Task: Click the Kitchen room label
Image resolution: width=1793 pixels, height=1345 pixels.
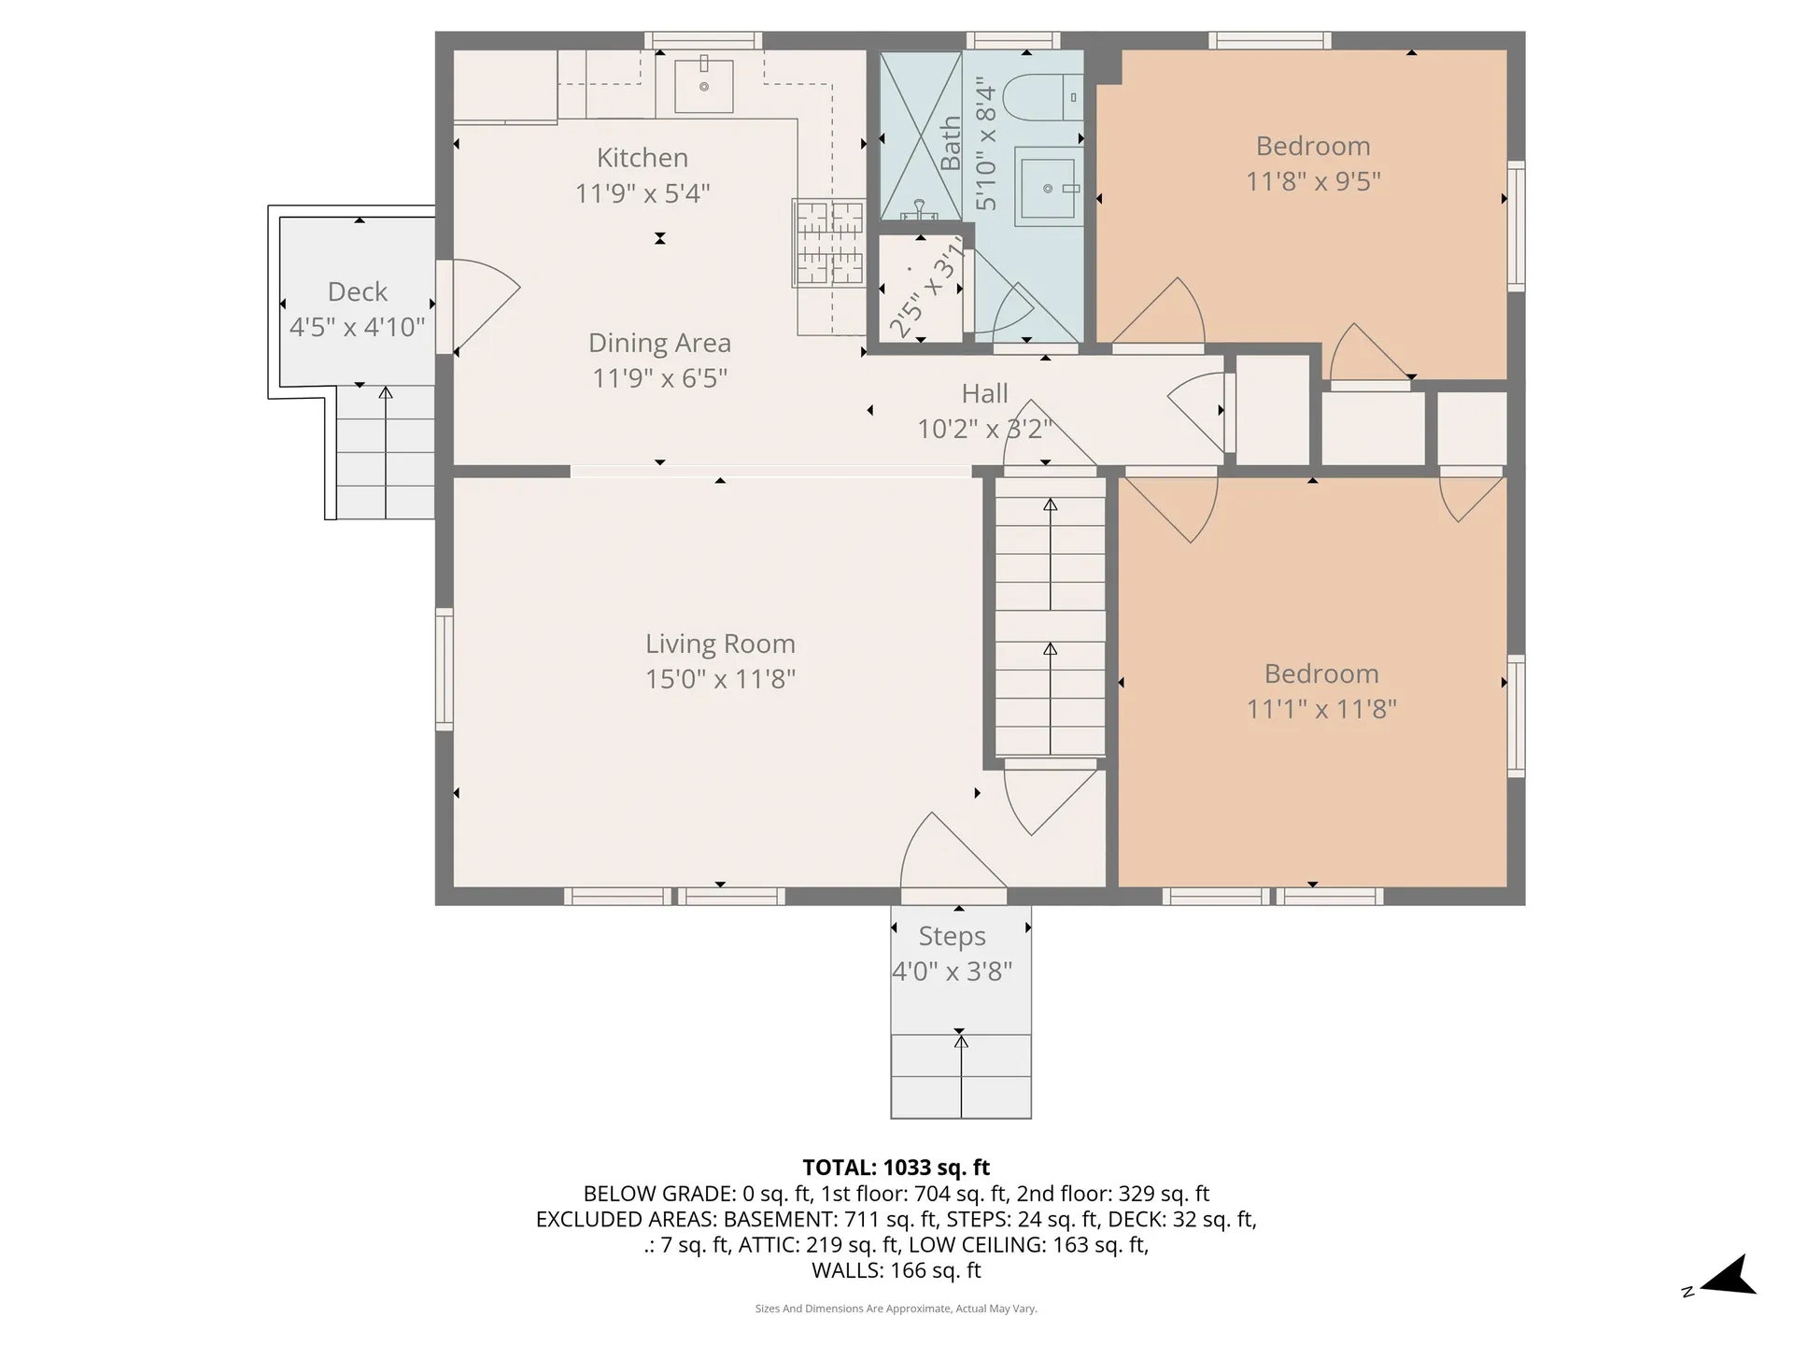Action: pos(642,158)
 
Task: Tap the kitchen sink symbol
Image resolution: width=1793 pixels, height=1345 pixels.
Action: pos(704,86)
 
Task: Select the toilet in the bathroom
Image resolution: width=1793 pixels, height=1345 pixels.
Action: pos(1046,97)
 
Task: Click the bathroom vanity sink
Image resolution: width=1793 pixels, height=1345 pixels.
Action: pos(1047,188)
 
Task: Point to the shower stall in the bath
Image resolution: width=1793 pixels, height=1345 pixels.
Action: pos(921,136)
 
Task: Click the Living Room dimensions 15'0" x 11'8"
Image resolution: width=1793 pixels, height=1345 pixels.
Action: pos(720,679)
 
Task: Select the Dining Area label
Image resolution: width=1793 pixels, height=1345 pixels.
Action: pos(659,344)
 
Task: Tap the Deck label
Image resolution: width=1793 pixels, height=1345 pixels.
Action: pos(357,292)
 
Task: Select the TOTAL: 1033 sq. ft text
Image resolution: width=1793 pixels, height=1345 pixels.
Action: pos(896,1168)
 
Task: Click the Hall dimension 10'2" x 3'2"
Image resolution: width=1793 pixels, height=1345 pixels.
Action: pos(984,429)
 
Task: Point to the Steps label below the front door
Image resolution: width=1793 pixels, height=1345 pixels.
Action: pos(952,936)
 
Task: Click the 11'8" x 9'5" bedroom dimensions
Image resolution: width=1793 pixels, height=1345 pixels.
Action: pos(1313,181)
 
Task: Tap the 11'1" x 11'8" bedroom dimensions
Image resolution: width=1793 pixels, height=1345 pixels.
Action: pos(1321,709)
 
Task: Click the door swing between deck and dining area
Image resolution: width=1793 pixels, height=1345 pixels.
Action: pos(481,304)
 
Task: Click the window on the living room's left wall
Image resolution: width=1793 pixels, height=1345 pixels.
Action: pos(445,669)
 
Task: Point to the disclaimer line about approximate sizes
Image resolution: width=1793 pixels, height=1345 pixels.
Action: pos(896,1309)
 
